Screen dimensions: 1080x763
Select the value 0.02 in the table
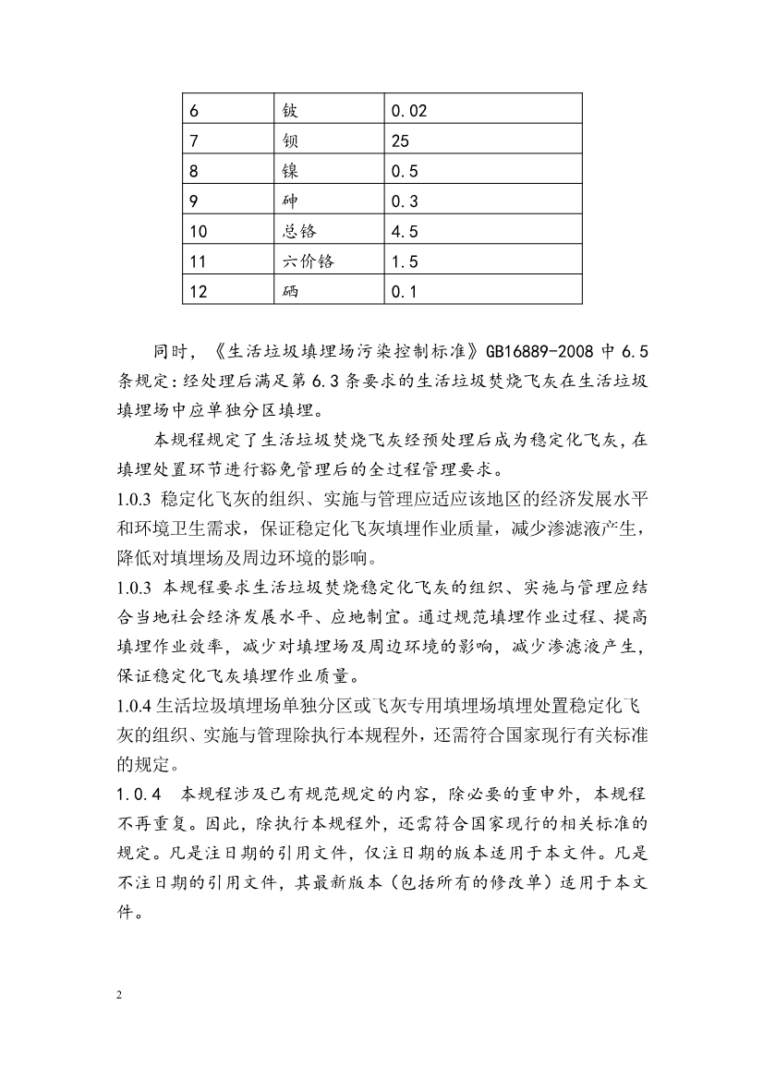[x=409, y=112]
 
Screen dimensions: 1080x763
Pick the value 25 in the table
[x=400, y=142]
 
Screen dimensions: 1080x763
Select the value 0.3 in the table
[x=405, y=202]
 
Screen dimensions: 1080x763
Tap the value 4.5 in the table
[x=405, y=232]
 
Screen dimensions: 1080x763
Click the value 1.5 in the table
[x=405, y=262]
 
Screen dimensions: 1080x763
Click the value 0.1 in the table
[x=405, y=292]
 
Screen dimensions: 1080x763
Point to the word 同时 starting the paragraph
[x=172, y=353]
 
